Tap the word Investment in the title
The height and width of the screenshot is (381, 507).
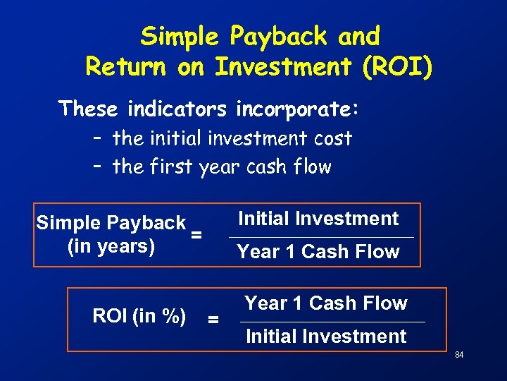coord(283,67)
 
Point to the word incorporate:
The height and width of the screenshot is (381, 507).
coord(298,109)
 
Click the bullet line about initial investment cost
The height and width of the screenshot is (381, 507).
coord(232,138)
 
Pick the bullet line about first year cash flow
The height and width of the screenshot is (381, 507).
coord(221,167)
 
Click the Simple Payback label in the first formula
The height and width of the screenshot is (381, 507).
coord(111,224)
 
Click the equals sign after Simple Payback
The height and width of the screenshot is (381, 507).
coord(197,235)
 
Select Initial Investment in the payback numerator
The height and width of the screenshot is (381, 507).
coord(318,219)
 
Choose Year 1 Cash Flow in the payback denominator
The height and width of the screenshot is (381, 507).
coord(318,252)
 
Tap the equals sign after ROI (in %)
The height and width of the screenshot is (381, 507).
coord(213,320)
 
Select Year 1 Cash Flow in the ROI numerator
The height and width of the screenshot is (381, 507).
coord(326,303)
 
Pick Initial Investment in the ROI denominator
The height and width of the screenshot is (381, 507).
coord(326,337)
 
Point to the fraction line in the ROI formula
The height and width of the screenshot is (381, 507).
coord(332,322)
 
